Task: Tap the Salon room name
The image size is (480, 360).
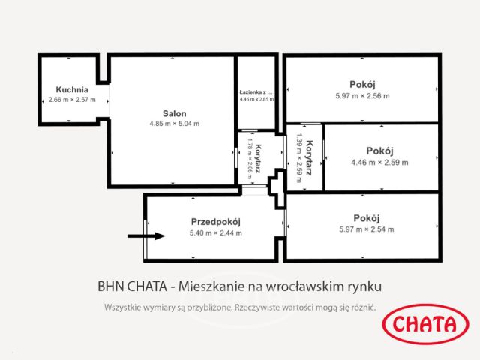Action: [174, 114]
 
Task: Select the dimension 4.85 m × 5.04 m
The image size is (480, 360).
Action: [174, 124]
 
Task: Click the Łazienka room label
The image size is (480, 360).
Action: [256, 91]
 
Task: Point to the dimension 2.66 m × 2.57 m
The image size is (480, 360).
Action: [72, 100]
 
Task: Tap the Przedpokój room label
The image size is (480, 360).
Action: [215, 222]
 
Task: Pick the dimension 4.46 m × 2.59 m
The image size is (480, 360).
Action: [379, 162]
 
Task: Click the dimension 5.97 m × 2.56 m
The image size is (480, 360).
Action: [362, 95]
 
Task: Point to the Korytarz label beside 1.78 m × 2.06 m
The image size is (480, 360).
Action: [258, 158]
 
